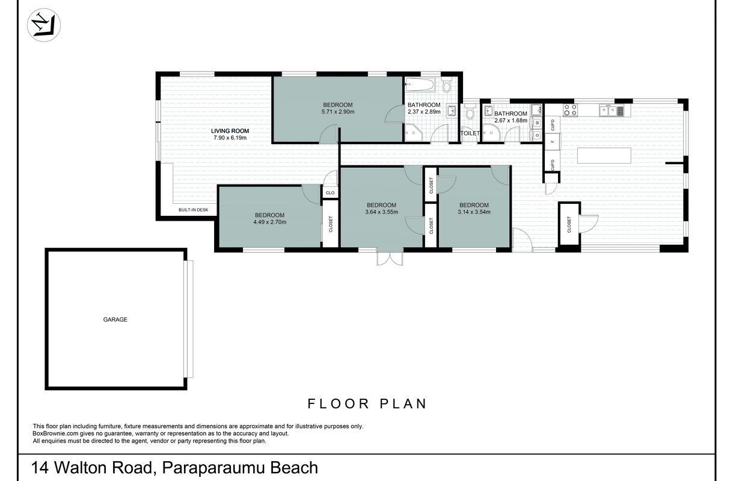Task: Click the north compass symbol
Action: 44,25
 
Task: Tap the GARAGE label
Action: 115,319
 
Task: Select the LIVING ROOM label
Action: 230,130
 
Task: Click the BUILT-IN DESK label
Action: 194,210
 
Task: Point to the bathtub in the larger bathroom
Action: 420,85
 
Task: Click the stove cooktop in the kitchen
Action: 571,109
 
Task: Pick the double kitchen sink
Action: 609,111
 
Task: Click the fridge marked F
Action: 553,141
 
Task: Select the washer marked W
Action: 538,123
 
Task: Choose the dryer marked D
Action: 538,135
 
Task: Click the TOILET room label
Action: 470,133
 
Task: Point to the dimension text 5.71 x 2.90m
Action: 338,112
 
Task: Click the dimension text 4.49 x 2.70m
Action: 269,222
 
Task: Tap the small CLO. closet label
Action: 331,193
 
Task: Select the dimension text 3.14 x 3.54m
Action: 474,212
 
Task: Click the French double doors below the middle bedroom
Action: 390,258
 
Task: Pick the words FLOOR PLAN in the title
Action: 367,404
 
